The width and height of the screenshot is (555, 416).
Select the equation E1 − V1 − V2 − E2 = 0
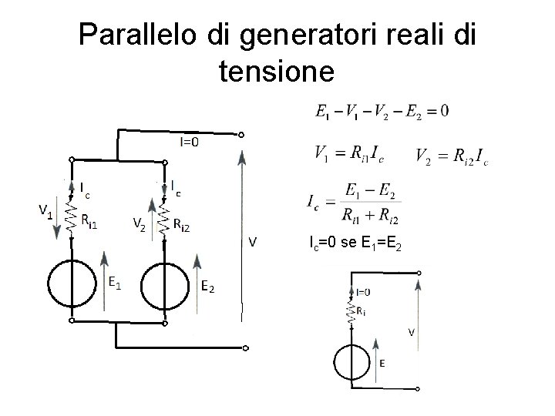point(382,112)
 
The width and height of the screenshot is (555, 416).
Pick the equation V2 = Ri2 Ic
point(451,158)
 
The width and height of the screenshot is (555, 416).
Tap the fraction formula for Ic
point(355,203)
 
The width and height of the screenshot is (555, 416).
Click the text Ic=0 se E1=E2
point(355,244)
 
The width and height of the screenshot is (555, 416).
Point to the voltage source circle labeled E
point(351,363)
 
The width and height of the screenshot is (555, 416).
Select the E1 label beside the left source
point(113,283)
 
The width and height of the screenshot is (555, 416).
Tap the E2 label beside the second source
point(208,287)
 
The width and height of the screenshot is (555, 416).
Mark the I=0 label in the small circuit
point(362,292)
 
